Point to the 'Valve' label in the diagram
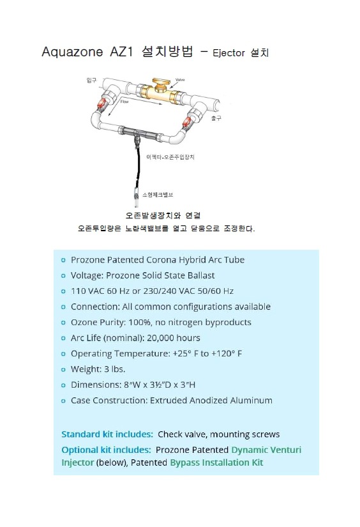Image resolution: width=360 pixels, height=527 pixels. point(180,80)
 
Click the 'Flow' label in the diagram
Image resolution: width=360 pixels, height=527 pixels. point(124,102)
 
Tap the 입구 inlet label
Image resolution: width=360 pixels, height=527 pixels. point(91,80)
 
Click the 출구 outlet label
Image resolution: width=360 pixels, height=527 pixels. point(216,118)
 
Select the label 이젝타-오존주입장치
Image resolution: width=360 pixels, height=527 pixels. point(170,157)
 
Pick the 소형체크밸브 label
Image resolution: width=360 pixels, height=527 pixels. point(158,195)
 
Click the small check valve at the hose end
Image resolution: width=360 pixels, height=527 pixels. point(137,197)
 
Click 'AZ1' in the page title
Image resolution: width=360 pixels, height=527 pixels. point(121,52)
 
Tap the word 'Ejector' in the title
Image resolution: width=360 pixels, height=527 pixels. point(229,53)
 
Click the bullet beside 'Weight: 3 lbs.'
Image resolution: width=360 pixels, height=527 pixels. point(63,369)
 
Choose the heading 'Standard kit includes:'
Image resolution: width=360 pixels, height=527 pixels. point(107,434)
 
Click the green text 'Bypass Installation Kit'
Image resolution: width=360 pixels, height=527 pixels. point(216,462)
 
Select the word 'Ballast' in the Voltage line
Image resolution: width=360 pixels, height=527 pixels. point(201,275)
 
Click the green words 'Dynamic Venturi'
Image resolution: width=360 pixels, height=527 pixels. point(266,450)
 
